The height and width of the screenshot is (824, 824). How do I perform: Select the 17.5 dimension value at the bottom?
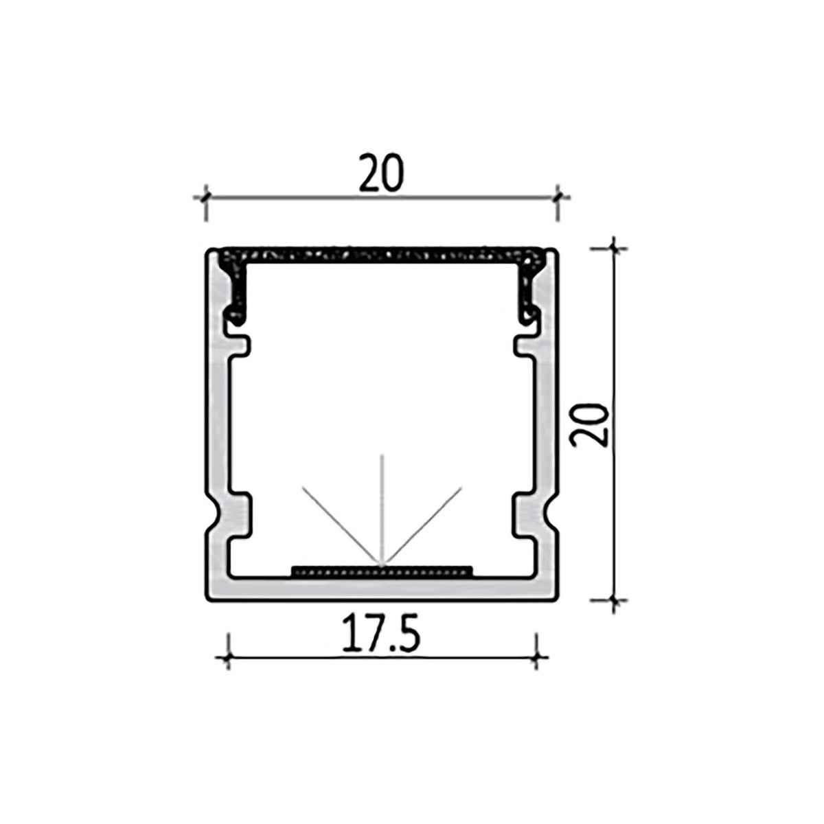(380, 637)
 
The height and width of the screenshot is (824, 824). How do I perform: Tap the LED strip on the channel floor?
(382, 570)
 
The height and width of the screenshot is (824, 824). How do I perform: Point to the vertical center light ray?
(382, 508)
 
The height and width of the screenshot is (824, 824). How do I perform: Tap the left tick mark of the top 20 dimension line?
(205, 198)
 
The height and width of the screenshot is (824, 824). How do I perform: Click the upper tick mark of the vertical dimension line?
(615, 248)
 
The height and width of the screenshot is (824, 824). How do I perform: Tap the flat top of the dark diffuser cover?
(382, 254)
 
